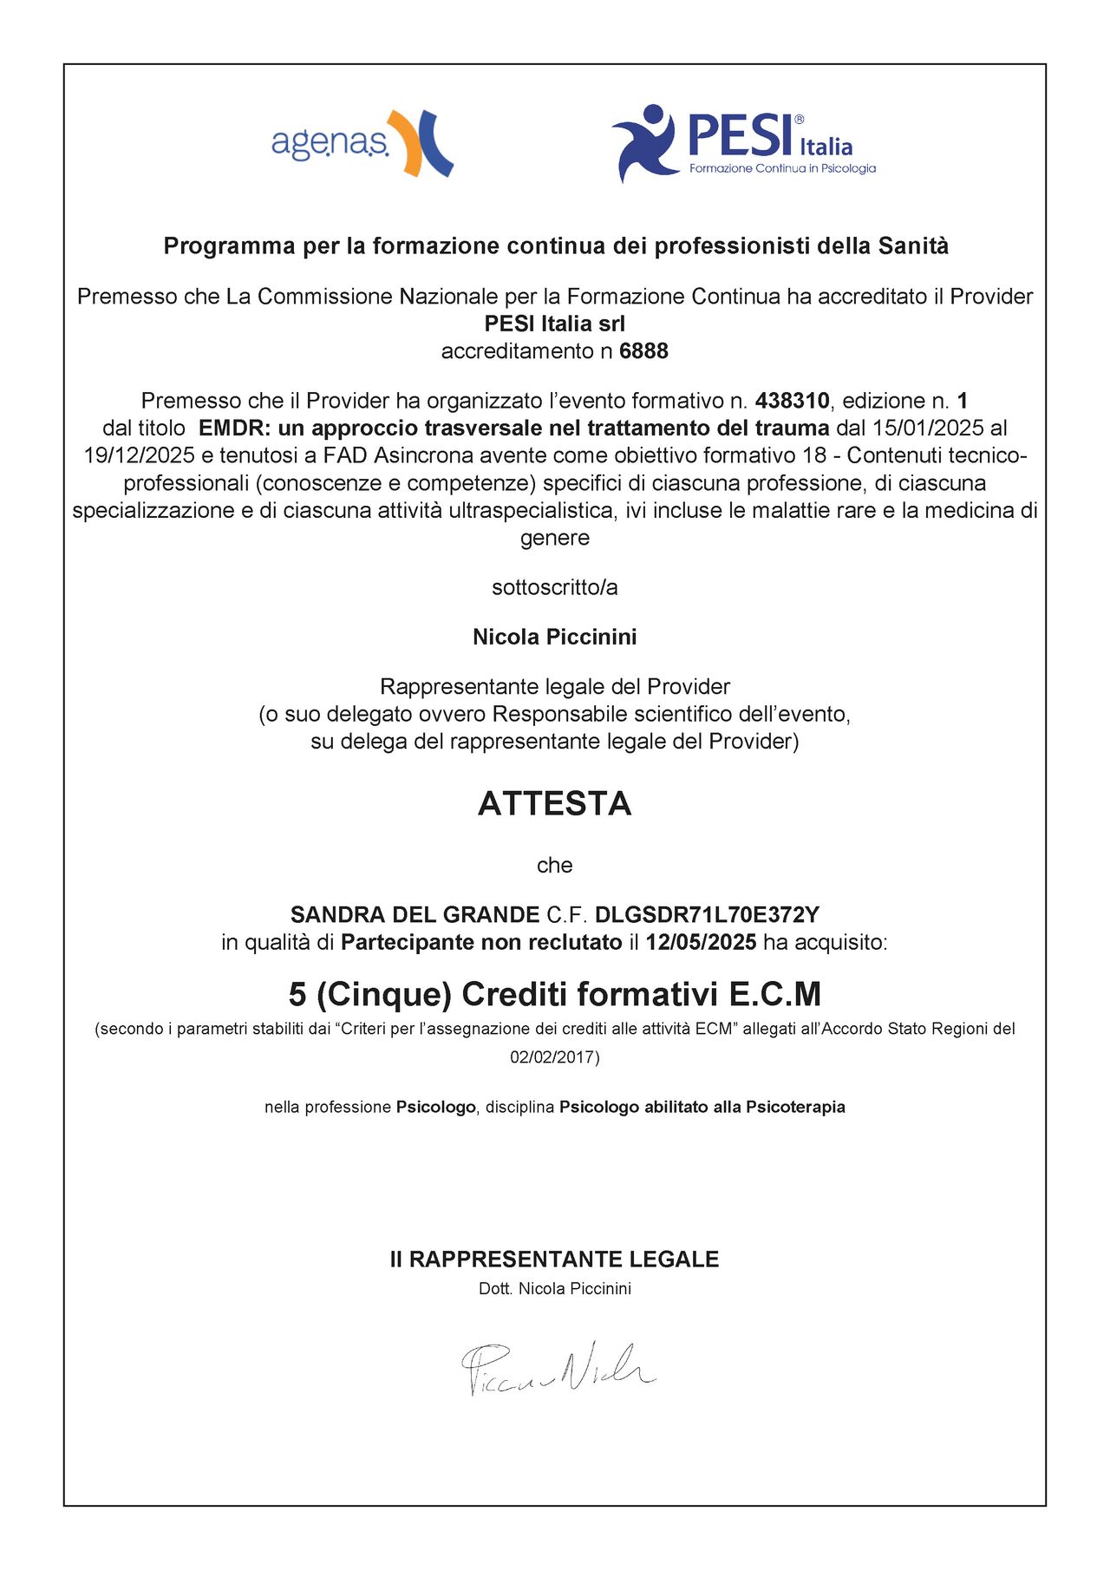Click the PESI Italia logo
pos(743,143)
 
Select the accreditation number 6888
pos(643,351)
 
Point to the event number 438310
pos(792,401)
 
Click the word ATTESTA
pos(555,804)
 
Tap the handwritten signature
pos(558,1368)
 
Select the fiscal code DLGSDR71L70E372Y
pos(707,915)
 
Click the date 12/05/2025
pos(701,943)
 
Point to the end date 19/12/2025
pos(139,455)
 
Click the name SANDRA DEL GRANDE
pos(415,915)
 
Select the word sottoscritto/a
pos(555,588)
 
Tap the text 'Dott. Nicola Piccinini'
pos(555,1289)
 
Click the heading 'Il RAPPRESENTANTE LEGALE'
pos(555,1259)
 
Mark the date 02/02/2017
pos(552,1057)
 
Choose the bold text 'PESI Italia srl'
pos(555,324)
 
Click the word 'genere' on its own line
pos(555,538)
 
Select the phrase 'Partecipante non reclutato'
pos(481,943)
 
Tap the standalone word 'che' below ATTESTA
pos(555,866)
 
